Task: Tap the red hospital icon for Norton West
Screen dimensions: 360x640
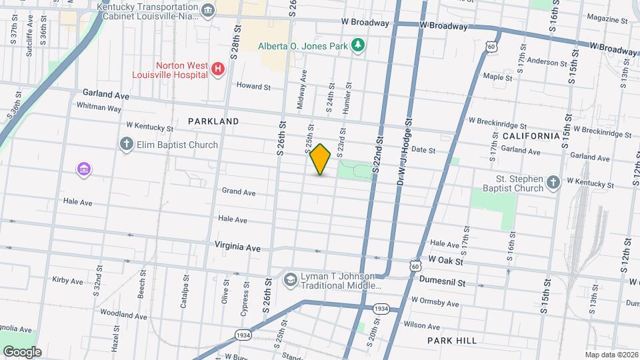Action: [x=217, y=69]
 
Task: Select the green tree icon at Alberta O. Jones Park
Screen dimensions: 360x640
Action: [x=359, y=45]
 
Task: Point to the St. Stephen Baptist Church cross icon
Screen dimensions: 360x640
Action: [x=553, y=183]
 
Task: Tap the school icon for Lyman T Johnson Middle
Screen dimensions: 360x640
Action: [x=290, y=279]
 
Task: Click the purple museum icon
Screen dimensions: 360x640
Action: [x=84, y=169]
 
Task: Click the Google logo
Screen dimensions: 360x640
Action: [x=22, y=352]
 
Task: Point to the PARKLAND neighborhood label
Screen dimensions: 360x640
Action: [x=213, y=121]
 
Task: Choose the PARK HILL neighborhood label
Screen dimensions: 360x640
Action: [x=452, y=341]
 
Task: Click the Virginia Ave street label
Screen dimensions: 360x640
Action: [x=237, y=247]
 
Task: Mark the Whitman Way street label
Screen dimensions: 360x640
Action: [x=99, y=107]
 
